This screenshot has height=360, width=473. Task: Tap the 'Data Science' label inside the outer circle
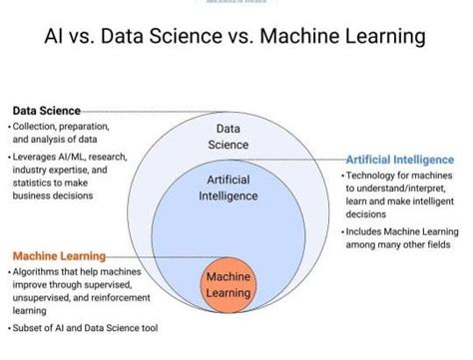pyautogui.click(x=228, y=137)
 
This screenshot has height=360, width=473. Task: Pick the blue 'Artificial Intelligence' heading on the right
pyautogui.click(x=399, y=160)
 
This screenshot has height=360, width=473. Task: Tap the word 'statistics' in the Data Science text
pyautogui.click(x=37, y=185)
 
